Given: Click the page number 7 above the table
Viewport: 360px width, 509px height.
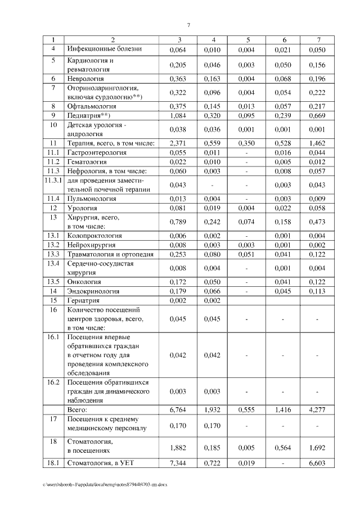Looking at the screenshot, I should click(x=188, y=25).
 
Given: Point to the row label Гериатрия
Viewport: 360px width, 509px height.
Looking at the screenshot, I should click(x=84, y=301).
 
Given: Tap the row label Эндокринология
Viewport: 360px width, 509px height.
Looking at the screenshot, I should click(x=93, y=291).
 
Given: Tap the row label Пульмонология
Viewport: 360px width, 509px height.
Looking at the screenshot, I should click(x=92, y=198).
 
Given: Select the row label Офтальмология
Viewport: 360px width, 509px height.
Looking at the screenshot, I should click(x=92, y=106).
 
